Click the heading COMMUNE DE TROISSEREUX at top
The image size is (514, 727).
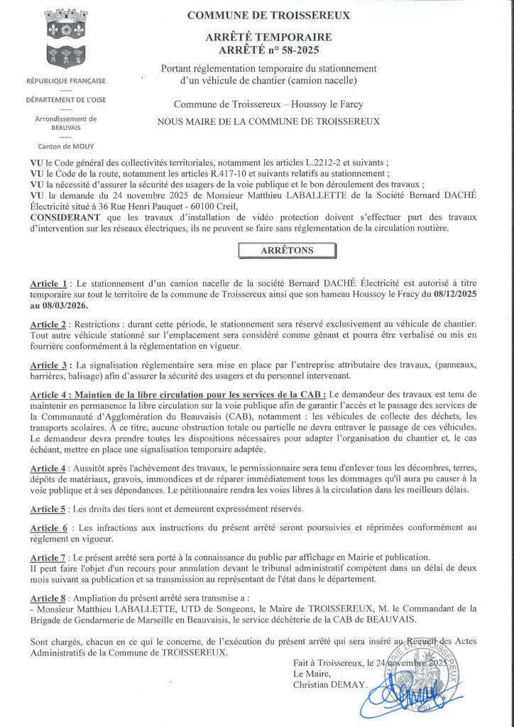268,16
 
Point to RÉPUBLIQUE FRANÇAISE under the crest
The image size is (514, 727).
65,82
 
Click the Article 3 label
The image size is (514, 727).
50,365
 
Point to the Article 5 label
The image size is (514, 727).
49,509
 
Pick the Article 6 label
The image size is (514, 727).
49,528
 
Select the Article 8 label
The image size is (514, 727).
49,599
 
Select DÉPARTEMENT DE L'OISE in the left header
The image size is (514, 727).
65,100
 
